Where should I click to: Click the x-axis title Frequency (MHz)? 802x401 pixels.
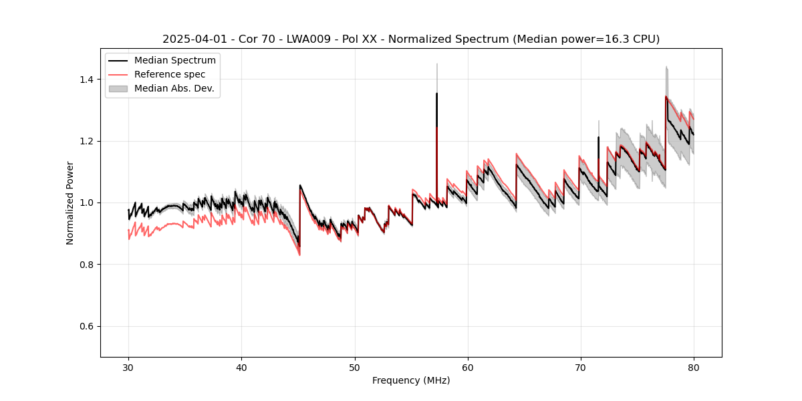[x=411, y=380]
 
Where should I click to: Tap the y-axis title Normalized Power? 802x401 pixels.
[x=70, y=203]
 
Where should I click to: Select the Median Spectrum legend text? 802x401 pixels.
[x=175, y=61]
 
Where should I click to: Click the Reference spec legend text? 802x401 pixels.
[x=170, y=74]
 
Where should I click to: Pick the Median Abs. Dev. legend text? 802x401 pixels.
[x=174, y=88]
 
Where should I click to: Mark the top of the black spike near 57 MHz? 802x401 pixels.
[x=436, y=94]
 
